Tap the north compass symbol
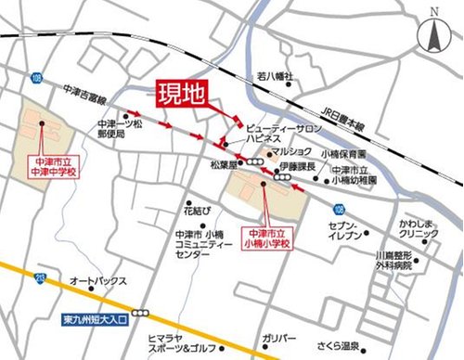(x=432, y=35)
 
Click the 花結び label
(x=198, y=200)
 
